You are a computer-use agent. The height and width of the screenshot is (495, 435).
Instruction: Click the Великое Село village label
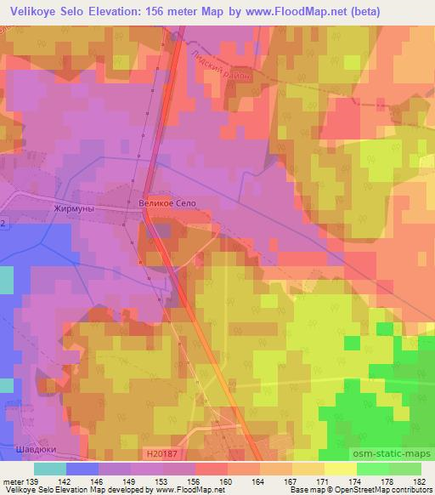tap(166, 204)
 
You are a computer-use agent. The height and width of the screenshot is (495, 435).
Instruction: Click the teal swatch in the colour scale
tap(49, 469)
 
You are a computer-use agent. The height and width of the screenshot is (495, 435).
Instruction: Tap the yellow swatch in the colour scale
tap(340, 469)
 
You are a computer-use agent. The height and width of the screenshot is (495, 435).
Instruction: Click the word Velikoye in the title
tap(37, 11)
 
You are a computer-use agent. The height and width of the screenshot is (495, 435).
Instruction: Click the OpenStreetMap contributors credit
tap(377, 491)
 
